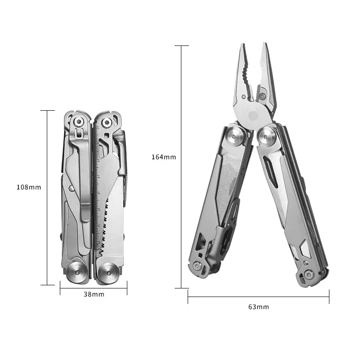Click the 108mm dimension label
pyautogui.click(x=29, y=187)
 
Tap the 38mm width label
pyautogui.click(x=94, y=294)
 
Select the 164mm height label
pyautogui.click(x=164, y=157)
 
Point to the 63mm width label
pyautogui.click(x=258, y=307)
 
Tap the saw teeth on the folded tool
pyautogui.click(x=104, y=227)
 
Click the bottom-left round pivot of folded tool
pyautogui.click(x=77, y=272)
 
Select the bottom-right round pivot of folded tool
pyautogui.click(x=108, y=273)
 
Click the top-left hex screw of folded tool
pyautogui.click(x=79, y=121)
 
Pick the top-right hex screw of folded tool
pyautogui.click(x=107, y=122)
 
